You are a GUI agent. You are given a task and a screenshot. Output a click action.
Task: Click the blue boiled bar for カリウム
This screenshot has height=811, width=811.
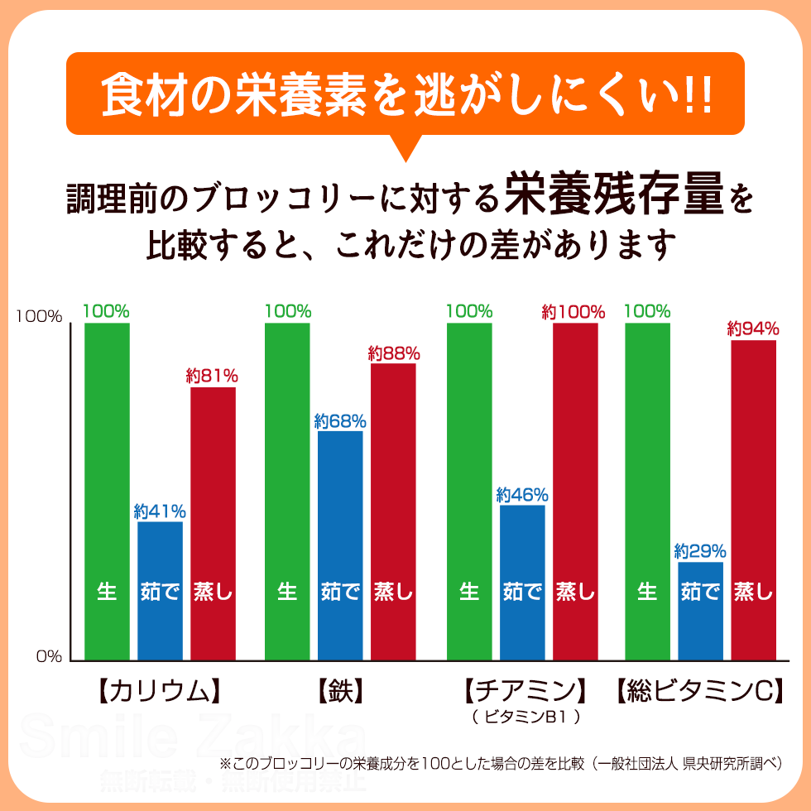160,591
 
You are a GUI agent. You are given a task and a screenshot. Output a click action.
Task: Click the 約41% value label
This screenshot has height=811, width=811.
160,511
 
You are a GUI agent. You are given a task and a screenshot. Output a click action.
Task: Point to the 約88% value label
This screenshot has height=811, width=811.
394,353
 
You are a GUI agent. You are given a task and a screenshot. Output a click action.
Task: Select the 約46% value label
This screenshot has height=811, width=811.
522,495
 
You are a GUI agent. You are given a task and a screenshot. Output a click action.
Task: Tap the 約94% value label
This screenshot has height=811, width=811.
753,329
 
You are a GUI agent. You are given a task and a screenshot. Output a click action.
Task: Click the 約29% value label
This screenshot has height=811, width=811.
700,550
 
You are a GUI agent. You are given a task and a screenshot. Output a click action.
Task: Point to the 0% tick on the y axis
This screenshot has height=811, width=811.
49,657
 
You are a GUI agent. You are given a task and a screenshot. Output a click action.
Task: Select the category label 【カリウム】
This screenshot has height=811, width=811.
156,691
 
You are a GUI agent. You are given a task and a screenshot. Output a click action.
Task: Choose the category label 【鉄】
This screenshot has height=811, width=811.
340,691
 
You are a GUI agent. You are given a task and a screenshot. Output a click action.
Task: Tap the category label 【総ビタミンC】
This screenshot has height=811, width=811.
700,691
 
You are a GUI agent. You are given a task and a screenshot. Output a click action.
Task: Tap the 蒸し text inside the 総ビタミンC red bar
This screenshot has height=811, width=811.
753,592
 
